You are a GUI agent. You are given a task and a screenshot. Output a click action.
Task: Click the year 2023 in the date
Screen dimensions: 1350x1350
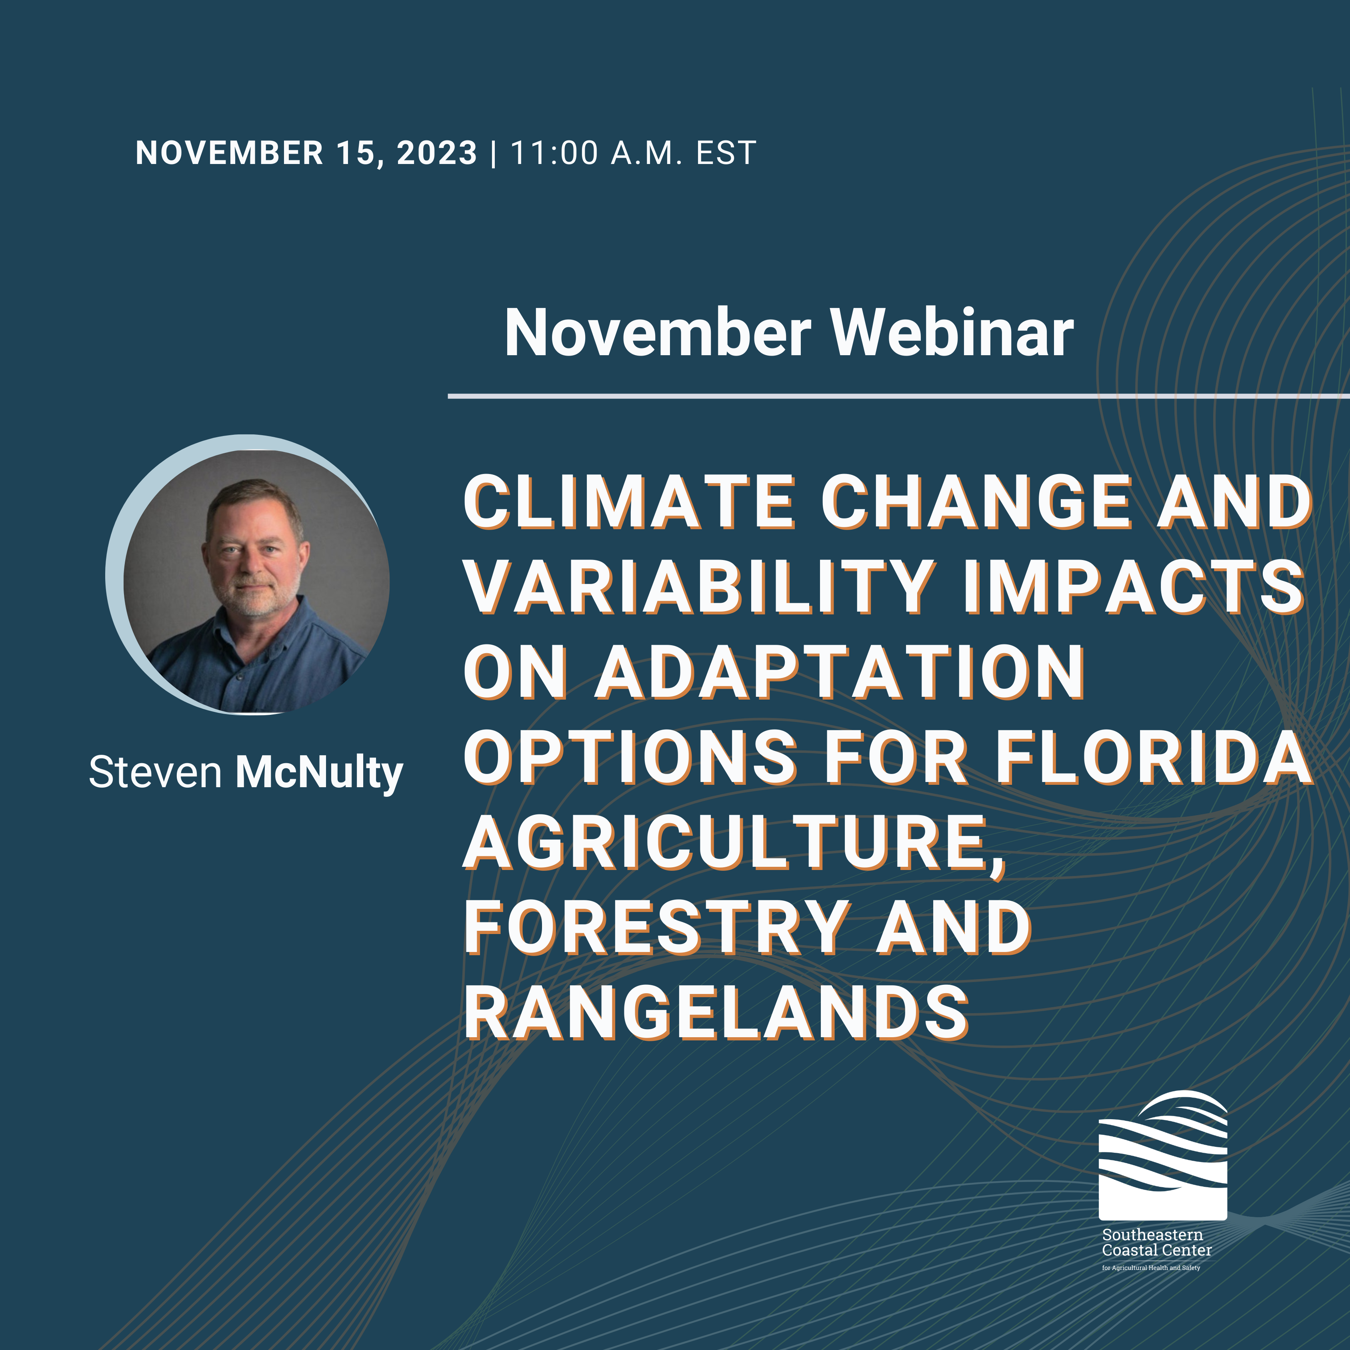tap(437, 153)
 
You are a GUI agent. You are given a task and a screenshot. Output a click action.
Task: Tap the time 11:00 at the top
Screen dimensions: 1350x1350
tap(554, 153)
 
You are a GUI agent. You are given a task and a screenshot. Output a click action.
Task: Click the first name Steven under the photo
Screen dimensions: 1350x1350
tap(155, 773)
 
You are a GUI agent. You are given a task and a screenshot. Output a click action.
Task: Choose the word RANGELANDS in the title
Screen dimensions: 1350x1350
tap(716, 1013)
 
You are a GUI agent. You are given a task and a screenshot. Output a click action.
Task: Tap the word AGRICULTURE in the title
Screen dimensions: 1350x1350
tap(734, 843)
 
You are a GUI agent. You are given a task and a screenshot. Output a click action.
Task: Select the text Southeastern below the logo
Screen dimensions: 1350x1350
tap(1152, 1235)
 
